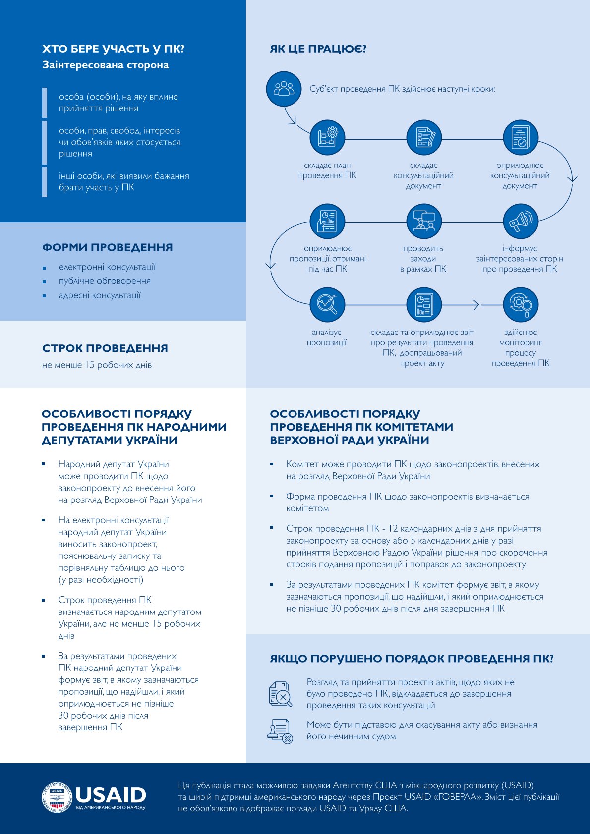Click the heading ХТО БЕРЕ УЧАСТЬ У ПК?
point(114,49)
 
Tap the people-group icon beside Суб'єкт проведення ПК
point(284,89)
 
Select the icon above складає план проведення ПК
point(327,137)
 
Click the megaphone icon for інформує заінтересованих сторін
point(520,221)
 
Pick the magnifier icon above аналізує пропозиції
point(327,305)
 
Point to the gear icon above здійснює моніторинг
point(520,305)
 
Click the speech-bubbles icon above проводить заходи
point(423,221)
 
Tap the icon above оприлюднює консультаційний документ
point(520,137)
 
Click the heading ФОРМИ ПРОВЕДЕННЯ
point(108,247)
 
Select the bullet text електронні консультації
point(107,267)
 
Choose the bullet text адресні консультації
point(100,295)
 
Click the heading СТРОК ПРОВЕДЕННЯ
point(105,348)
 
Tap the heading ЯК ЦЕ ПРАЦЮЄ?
point(318,49)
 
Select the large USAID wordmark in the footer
point(111,794)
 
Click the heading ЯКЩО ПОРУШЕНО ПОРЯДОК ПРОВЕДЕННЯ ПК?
point(412,659)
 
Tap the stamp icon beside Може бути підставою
point(280,731)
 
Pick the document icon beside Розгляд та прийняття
point(280,693)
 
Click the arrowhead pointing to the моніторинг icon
point(477,305)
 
